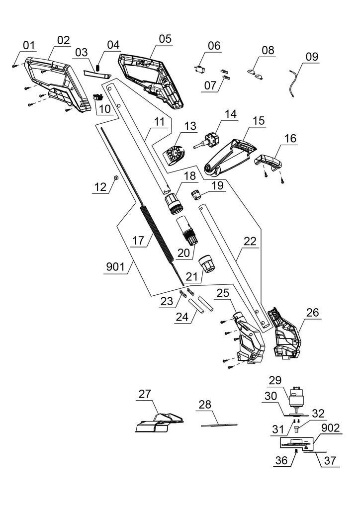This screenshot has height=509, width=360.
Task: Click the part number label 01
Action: pyautogui.click(x=28, y=46)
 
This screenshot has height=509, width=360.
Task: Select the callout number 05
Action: pyautogui.click(x=165, y=38)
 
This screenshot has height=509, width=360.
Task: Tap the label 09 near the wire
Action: pyautogui.click(x=312, y=57)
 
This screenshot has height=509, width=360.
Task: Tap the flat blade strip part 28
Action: pyautogui.click(x=219, y=424)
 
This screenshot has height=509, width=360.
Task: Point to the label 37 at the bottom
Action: pyautogui.click(x=328, y=461)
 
